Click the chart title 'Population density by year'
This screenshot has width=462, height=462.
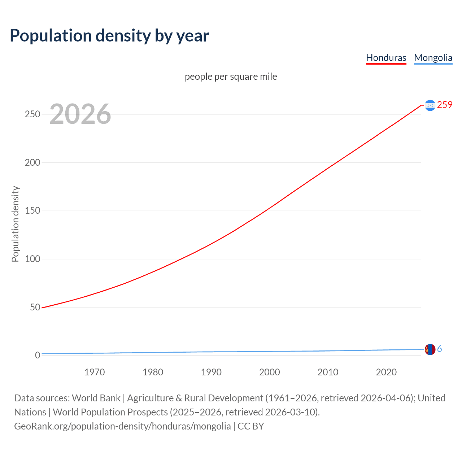coord(109,36)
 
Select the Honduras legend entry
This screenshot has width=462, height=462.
coord(386,58)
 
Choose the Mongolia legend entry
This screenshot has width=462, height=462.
coord(433,58)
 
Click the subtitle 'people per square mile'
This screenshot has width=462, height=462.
coord(231,77)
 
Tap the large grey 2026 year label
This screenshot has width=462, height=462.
coord(80,114)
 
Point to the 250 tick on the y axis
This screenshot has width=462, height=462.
coord(32,114)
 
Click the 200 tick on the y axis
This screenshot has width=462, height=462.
coord(32,162)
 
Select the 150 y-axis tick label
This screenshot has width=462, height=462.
coord(32,211)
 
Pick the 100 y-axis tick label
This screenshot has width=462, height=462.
coord(32,259)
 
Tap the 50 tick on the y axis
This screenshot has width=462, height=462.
coord(35,307)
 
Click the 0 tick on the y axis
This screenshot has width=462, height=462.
coord(38,355)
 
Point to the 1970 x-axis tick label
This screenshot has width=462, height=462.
coord(95,372)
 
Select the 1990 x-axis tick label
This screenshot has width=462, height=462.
coord(211,372)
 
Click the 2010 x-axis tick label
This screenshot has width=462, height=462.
coord(328,372)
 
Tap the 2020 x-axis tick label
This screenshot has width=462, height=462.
coord(386,372)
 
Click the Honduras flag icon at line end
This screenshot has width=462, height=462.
coord(430,105)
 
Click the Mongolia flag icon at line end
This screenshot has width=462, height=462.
coord(430,349)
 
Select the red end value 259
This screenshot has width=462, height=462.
coord(445,105)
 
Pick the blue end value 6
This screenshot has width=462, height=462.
coord(439,349)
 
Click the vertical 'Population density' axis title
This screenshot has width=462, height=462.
coord(15,224)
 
